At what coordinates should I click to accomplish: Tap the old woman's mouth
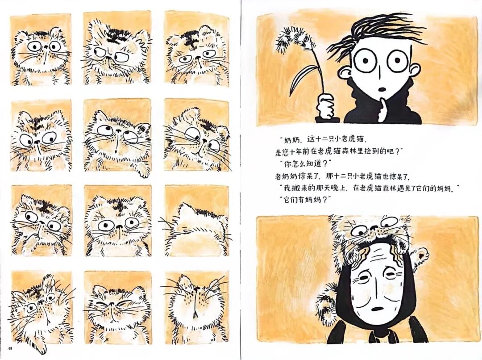point(378,309)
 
